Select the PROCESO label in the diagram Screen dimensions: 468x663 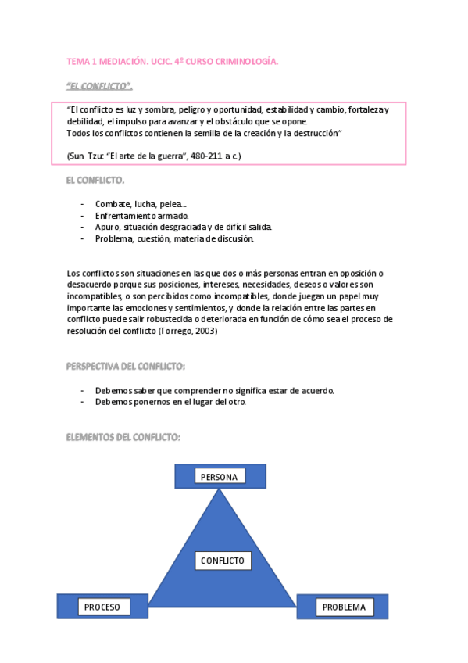pos(102,607)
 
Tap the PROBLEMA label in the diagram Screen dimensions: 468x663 pos(344,607)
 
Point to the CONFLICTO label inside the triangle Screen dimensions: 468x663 pos(222,561)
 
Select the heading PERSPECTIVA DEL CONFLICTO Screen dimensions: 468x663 pos(126,366)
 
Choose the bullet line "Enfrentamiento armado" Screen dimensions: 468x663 pos(141,215)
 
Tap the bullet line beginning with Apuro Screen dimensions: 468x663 pos(184,227)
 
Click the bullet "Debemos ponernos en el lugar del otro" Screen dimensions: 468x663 pos(170,402)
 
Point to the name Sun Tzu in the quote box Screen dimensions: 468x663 pos(85,156)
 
